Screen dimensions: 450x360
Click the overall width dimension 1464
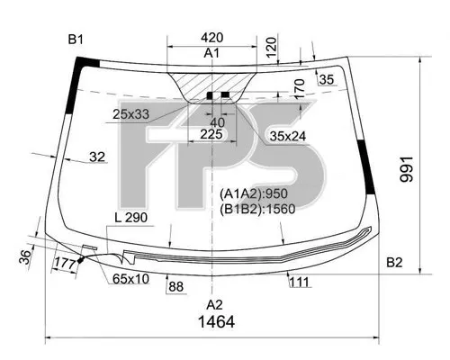coord(216,322)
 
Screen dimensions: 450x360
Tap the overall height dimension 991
coord(407,169)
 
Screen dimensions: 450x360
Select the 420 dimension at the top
coord(212,38)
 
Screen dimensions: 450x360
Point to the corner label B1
coord(76,40)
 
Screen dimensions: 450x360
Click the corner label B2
coord(394,263)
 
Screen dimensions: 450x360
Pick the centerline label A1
coord(211,53)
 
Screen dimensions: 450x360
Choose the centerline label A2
coord(214,305)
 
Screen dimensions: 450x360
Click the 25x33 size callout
coord(130,114)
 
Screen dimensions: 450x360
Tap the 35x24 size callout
coord(288,137)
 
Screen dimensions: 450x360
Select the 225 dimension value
coord(211,134)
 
